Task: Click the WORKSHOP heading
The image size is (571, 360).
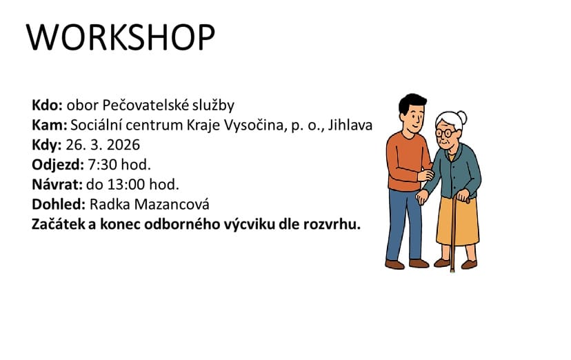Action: pos(121,37)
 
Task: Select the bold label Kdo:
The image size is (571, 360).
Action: pos(48,106)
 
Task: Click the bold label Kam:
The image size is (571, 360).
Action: pos(50,125)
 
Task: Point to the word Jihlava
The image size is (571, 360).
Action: pos(350,126)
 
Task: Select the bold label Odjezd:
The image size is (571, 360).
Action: pos(58,165)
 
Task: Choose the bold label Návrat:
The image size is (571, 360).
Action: pos(57,184)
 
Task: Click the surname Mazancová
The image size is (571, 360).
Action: pos(172,204)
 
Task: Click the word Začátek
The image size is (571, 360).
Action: pos(59,224)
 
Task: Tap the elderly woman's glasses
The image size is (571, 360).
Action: pos(445,133)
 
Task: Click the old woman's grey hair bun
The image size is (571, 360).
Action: pos(462,117)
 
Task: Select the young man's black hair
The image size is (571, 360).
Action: pos(412,103)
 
